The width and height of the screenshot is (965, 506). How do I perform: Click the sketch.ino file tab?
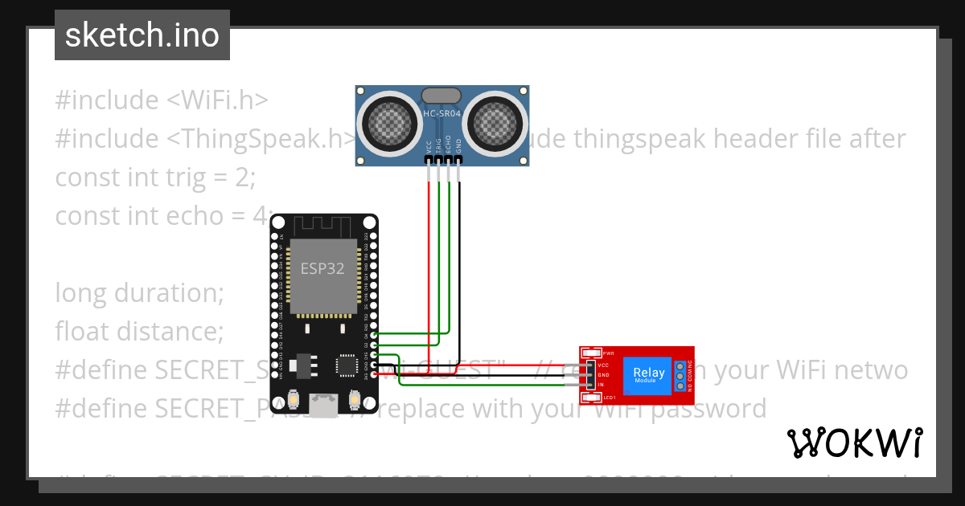(x=142, y=35)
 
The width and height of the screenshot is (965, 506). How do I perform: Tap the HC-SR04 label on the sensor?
(x=441, y=114)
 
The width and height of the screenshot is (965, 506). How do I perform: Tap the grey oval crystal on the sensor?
(x=441, y=96)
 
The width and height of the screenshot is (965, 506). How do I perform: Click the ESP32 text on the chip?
(x=322, y=268)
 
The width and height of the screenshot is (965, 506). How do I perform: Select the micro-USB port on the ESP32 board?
(x=325, y=404)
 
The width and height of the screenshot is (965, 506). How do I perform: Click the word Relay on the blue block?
(x=649, y=373)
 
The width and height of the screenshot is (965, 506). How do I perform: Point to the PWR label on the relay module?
(x=609, y=353)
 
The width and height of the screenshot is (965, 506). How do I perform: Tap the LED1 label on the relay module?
(x=610, y=398)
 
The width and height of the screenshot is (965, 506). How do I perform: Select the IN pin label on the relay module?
(x=601, y=386)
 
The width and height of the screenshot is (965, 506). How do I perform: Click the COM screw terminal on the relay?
(x=680, y=375)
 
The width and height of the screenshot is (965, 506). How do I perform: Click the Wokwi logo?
(x=854, y=443)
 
